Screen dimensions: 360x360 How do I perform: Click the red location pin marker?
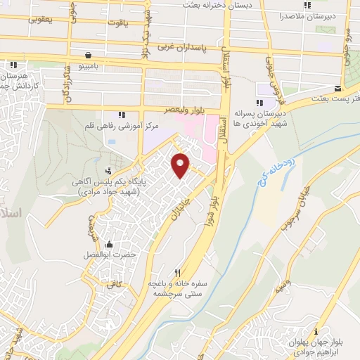(x=181, y=165)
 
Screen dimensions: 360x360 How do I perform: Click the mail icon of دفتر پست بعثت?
(x=338, y=89)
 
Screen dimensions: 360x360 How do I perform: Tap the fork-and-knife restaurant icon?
(x=179, y=273)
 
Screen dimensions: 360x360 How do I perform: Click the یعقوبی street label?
(x=40, y=20)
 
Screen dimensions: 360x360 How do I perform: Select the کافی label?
(x=114, y=283)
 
